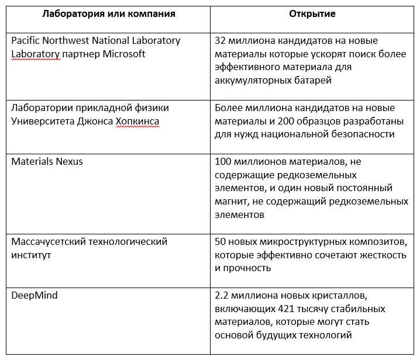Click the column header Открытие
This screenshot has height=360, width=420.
pos(312,14)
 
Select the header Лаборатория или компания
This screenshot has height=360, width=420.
pos(109,14)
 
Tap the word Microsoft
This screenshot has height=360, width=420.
pos(122,54)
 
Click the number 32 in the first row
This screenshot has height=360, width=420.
pos(221,41)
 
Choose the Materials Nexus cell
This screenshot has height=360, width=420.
pos(47,161)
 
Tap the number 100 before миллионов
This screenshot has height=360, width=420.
pos(224,161)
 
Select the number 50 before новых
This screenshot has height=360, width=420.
pos(221,241)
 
